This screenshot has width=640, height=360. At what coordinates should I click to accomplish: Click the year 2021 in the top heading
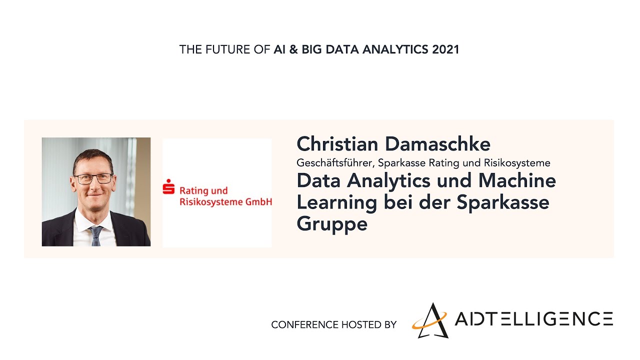click(x=445, y=49)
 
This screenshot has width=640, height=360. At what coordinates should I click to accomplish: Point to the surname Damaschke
click(x=437, y=144)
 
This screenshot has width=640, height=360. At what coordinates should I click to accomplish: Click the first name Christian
click(x=337, y=144)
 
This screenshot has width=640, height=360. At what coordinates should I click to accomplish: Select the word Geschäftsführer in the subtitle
click(x=335, y=163)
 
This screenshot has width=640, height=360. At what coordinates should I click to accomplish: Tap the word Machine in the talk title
click(x=517, y=181)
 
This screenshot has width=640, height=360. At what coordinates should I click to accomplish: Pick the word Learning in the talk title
click(x=337, y=203)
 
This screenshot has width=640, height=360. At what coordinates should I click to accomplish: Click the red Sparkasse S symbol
click(x=168, y=186)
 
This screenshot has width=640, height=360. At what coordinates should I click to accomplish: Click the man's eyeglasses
click(x=93, y=178)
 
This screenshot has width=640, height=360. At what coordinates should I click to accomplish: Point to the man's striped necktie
click(x=96, y=236)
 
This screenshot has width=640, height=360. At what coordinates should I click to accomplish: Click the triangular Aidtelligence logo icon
click(x=430, y=321)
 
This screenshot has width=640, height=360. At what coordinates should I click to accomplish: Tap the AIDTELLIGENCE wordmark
click(x=533, y=319)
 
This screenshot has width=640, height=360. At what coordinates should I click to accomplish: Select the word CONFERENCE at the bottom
click(x=305, y=325)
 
